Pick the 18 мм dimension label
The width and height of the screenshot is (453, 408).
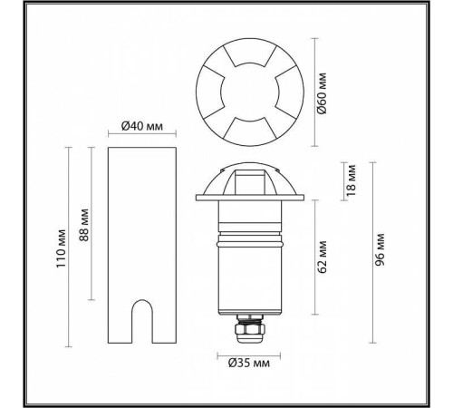pyautogui.click(x=352, y=180)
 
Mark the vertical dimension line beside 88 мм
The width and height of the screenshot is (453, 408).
pyautogui.click(x=93, y=223)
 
